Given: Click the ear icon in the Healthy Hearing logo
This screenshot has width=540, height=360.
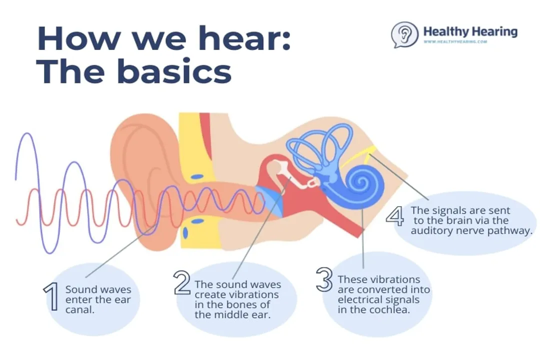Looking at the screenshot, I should tap(404, 34).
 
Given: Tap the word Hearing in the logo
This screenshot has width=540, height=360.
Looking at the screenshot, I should tap(494, 32).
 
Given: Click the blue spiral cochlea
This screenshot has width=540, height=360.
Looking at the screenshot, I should tap(359, 183).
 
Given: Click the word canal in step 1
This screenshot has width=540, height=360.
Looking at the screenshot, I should tap(80, 309).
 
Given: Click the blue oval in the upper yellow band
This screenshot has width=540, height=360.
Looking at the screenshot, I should tap(196, 176).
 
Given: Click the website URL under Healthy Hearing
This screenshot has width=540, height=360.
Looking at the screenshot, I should tap(455, 41).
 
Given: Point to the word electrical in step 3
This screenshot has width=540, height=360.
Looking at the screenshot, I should tap(360, 300).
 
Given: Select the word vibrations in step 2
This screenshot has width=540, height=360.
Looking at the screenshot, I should tap(255, 295).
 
